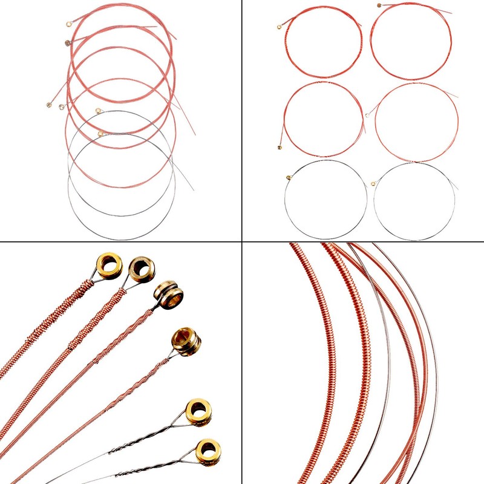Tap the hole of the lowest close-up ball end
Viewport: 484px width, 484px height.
pos(208,451)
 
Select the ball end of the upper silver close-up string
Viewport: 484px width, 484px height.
pos(198,411)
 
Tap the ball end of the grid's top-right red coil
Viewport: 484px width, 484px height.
pos(379,6)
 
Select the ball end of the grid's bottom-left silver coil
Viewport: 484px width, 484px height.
pos(289,177)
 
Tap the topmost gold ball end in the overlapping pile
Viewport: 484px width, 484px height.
pos(68,25)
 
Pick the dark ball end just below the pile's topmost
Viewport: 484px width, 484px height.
pos(67,42)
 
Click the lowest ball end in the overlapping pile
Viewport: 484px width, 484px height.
pos(100,133)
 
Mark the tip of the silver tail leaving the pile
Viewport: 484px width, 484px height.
pos(194,190)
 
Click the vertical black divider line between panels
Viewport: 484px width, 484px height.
pos(242,121)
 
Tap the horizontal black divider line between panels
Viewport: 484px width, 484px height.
pos(121,242)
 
